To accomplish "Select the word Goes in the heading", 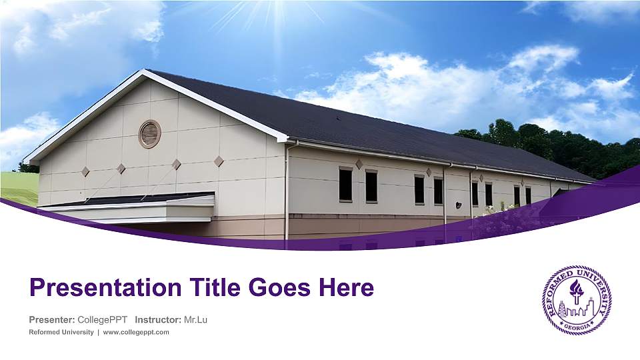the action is point(279,287).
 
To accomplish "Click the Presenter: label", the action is point(52,319).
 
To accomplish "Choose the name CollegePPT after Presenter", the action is point(103,319).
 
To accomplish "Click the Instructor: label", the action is point(158,319).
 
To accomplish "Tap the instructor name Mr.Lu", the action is point(195,319).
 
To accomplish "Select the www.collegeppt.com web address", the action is point(136,332).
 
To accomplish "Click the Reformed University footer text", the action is point(61,332).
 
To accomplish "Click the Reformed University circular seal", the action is point(576,299).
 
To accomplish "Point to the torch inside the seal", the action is point(575,291).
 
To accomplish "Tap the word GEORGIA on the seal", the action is point(576,326).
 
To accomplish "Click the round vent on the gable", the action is point(150,134).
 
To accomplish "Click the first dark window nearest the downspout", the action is point(346,185).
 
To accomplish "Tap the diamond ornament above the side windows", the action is point(359,164).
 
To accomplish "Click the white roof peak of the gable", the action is point(143,73).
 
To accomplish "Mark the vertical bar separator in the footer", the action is point(99,332).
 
